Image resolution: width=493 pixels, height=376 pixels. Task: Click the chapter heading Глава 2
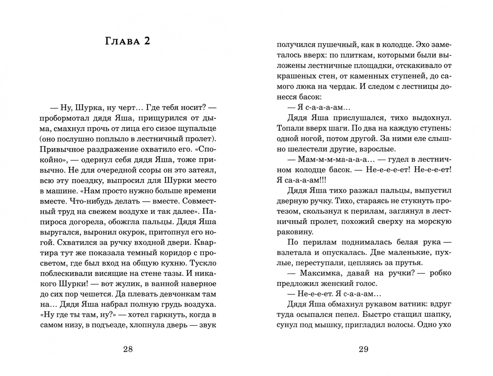coord(128,41)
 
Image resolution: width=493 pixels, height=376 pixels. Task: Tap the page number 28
coord(128,349)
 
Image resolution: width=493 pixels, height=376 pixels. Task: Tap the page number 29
coord(363,349)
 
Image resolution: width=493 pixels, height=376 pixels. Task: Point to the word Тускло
coord(204,263)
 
